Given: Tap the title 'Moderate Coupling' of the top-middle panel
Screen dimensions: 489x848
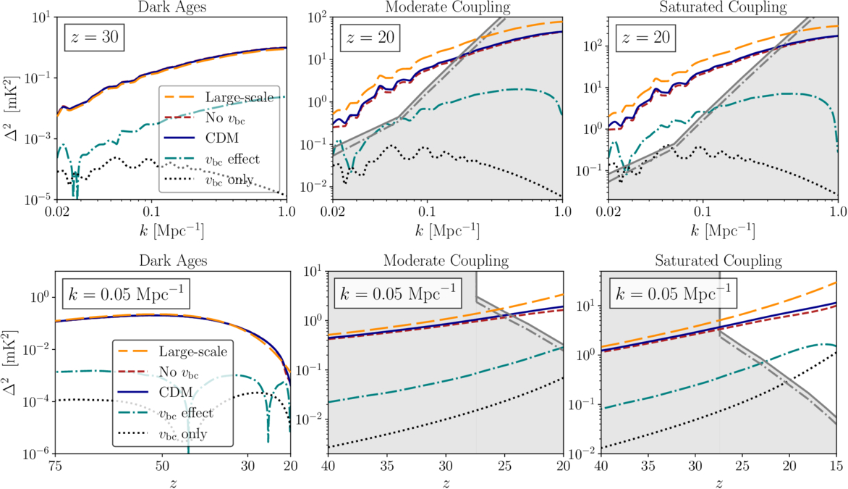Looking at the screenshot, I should [447, 8].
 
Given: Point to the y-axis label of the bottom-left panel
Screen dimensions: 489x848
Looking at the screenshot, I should [11, 362].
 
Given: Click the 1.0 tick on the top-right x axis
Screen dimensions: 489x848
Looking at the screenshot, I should [837, 214].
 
